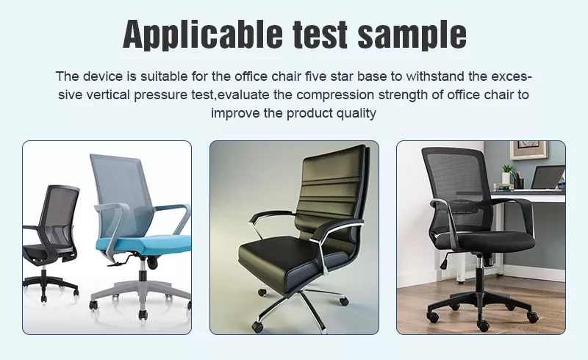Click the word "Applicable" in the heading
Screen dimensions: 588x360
coord(203,34)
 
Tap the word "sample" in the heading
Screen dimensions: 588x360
coord(412,34)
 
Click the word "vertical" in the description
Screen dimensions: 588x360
coord(108,95)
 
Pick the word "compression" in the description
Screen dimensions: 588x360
coord(335,95)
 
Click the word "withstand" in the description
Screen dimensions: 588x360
coord(435,76)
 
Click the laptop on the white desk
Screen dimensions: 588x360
coord(547,177)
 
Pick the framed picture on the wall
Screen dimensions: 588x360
coord(528,150)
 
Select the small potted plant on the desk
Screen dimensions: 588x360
coord(507,173)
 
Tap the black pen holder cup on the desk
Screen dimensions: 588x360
coord(519,183)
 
